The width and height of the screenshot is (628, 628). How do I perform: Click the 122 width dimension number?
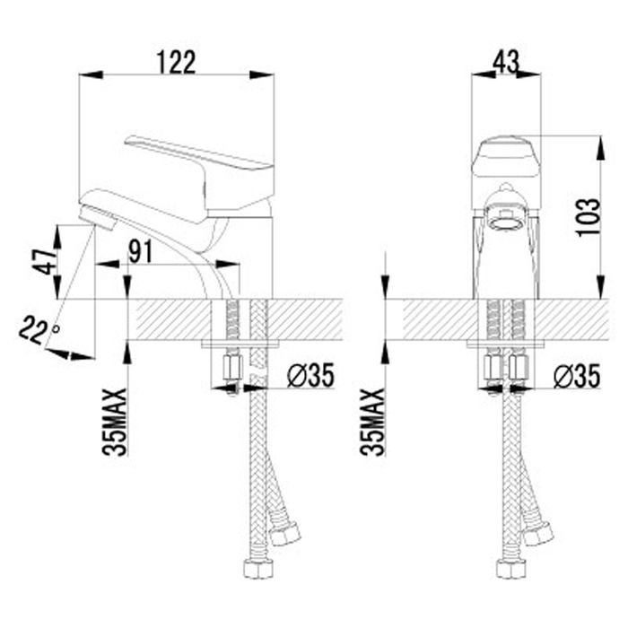[176, 63]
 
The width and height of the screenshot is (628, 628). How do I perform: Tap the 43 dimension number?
[506, 62]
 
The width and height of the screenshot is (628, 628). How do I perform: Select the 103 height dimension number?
[589, 217]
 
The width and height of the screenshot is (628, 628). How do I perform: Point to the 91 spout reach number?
[140, 251]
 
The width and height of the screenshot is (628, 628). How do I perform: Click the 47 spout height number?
[45, 262]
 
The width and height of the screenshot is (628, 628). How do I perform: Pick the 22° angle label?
[39, 330]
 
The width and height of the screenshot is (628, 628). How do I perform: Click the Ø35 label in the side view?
[310, 376]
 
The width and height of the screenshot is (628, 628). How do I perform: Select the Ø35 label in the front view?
[577, 376]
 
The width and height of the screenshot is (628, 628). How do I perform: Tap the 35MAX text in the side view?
[115, 422]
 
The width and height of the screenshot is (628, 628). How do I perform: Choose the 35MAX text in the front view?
[372, 422]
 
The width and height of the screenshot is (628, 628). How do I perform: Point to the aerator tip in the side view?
[98, 217]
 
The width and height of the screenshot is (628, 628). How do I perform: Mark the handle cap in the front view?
[506, 159]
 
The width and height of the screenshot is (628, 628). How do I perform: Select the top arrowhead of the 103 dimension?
[601, 148]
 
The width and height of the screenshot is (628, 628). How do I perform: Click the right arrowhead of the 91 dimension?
[227, 264]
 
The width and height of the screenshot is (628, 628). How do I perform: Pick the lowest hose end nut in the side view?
[258, 569]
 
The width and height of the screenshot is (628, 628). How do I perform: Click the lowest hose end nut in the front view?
[511, 569]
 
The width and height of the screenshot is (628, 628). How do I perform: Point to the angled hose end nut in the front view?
[538, 533]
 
